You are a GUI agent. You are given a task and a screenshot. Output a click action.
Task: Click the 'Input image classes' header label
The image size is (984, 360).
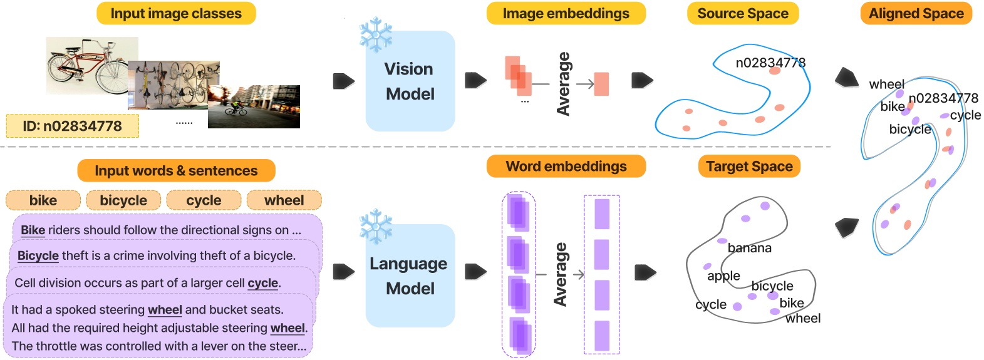coord(176,14)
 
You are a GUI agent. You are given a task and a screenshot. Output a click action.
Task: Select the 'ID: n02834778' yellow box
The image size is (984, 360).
coord(73,126)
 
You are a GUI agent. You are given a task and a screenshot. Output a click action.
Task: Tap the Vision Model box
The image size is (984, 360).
coord(410,81)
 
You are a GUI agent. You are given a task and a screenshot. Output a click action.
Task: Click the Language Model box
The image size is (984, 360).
coord(410,276)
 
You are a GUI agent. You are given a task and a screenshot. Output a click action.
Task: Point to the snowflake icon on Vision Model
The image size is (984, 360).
coord(376,34)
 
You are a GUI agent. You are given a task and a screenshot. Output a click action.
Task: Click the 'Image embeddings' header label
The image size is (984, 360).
coord(566,14)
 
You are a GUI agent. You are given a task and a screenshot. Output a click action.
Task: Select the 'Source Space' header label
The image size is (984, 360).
coord(743,14)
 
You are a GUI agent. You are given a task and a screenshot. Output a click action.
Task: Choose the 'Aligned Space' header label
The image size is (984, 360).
coord(916,14)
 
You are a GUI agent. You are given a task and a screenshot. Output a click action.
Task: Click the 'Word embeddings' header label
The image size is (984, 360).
coord(566,167)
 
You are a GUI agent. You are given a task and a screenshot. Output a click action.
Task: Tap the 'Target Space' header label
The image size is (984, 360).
coord(749,167)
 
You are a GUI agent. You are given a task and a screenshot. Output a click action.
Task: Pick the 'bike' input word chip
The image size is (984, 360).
coord(43,200)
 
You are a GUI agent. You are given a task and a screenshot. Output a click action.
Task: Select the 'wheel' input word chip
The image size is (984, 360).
coord(284,200)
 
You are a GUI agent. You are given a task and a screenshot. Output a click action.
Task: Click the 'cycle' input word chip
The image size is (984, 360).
coord(204,200)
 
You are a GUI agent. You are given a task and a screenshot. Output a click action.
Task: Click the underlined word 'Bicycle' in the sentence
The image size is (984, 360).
coord(38,255)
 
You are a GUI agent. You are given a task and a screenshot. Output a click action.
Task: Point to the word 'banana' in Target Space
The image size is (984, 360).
coord(749,249)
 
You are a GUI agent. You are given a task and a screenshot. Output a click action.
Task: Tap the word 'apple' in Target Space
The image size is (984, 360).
coord(723,276)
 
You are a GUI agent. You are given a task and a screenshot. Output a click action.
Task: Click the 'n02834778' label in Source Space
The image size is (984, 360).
coord(770,63)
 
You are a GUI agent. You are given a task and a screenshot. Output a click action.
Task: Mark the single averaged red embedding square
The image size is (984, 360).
coord(601,84)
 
